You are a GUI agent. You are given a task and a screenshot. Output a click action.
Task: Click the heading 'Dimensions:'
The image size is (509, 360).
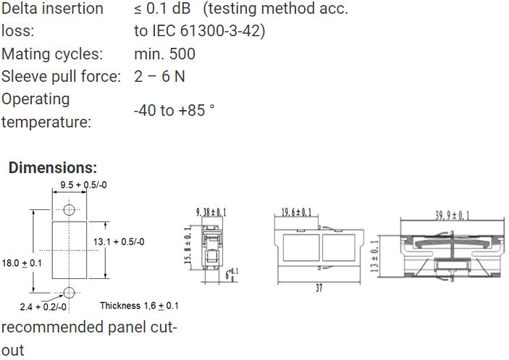click(x=53, y=168)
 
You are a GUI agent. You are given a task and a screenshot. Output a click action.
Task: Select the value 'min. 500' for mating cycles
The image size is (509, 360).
click(x=164, y=54)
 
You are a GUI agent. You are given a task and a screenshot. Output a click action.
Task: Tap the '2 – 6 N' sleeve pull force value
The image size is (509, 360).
click(x=159, y=77)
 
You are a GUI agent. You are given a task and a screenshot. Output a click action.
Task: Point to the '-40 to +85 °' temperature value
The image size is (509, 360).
click(x=174, y=110)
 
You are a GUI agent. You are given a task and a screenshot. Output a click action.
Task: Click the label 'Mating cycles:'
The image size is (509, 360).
click(x=52, y=54)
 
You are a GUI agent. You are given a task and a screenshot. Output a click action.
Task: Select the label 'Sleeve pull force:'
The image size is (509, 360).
click(x=61, y=77)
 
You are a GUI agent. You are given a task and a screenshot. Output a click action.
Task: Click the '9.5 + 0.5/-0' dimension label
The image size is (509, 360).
click(x=83, y=185)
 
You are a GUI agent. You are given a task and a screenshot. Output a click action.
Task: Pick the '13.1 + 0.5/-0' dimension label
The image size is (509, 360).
click(x=119, y=242)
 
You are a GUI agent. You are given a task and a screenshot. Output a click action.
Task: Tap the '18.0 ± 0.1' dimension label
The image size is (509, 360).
click(x=22, y=263)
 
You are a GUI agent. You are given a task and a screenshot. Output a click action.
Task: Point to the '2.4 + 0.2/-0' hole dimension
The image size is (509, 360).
click(x=43, y=307)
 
